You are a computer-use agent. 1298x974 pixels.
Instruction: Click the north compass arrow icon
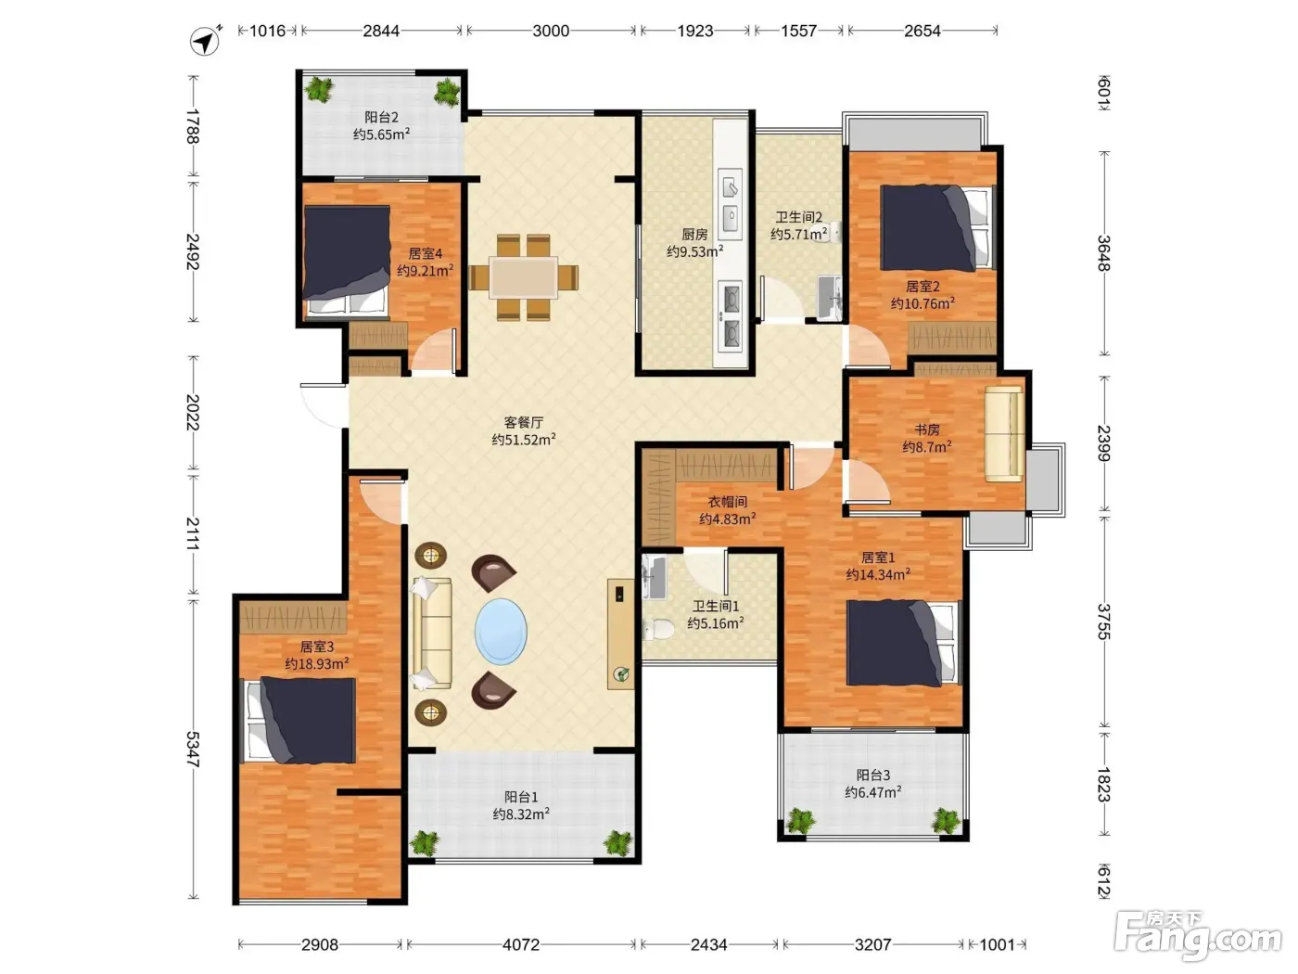point(205,42)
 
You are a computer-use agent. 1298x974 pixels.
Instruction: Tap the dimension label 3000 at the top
point(551,31)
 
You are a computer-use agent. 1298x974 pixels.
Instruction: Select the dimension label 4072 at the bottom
point(520,944)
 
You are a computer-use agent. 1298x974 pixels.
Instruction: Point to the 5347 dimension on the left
point(193,749)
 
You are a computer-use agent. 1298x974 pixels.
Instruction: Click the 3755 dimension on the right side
point(1103,622)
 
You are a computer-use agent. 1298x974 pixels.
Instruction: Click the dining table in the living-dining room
point(523,277)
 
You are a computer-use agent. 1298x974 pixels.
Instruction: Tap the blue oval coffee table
point(501,631)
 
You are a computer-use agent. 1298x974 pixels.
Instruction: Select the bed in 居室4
point(347,261)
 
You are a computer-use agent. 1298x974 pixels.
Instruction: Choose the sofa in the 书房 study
point(1004,433)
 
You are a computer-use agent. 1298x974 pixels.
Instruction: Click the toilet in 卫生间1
point(658,629)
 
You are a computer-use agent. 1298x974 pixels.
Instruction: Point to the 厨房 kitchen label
point(694,235)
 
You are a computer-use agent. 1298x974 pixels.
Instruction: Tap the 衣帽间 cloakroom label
point(728,502)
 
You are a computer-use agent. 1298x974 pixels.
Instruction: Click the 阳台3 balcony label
point(872,775)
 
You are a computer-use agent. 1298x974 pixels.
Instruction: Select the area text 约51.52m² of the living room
point(523,440)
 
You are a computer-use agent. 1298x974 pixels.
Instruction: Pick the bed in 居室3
point(299,720)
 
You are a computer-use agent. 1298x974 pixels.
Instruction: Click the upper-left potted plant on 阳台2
point(319,89)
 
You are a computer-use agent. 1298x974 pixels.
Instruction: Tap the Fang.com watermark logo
point(1198,936)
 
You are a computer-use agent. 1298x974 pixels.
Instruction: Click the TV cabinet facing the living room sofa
point(620,634)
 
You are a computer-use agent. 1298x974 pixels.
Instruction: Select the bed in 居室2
point(936,227)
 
